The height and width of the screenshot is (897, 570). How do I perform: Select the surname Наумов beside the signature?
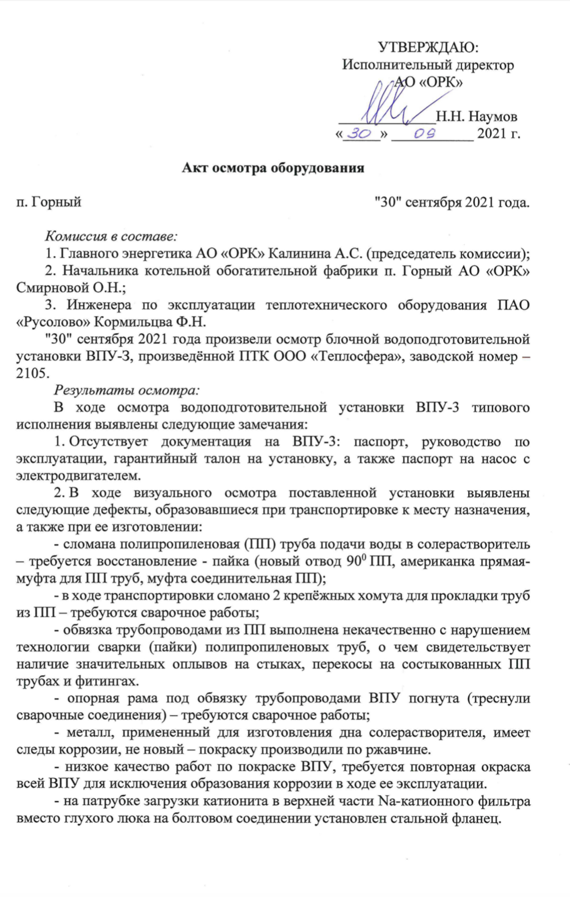coord(492,117)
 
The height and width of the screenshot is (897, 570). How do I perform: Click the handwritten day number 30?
coord(361,134)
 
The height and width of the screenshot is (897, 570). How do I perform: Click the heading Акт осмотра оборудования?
coord(273,168)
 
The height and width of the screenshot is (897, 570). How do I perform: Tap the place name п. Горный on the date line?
coord(49,202)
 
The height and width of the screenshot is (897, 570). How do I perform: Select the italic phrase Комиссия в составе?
coord(111,236)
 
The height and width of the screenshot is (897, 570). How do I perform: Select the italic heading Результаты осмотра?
coord(127,390)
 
